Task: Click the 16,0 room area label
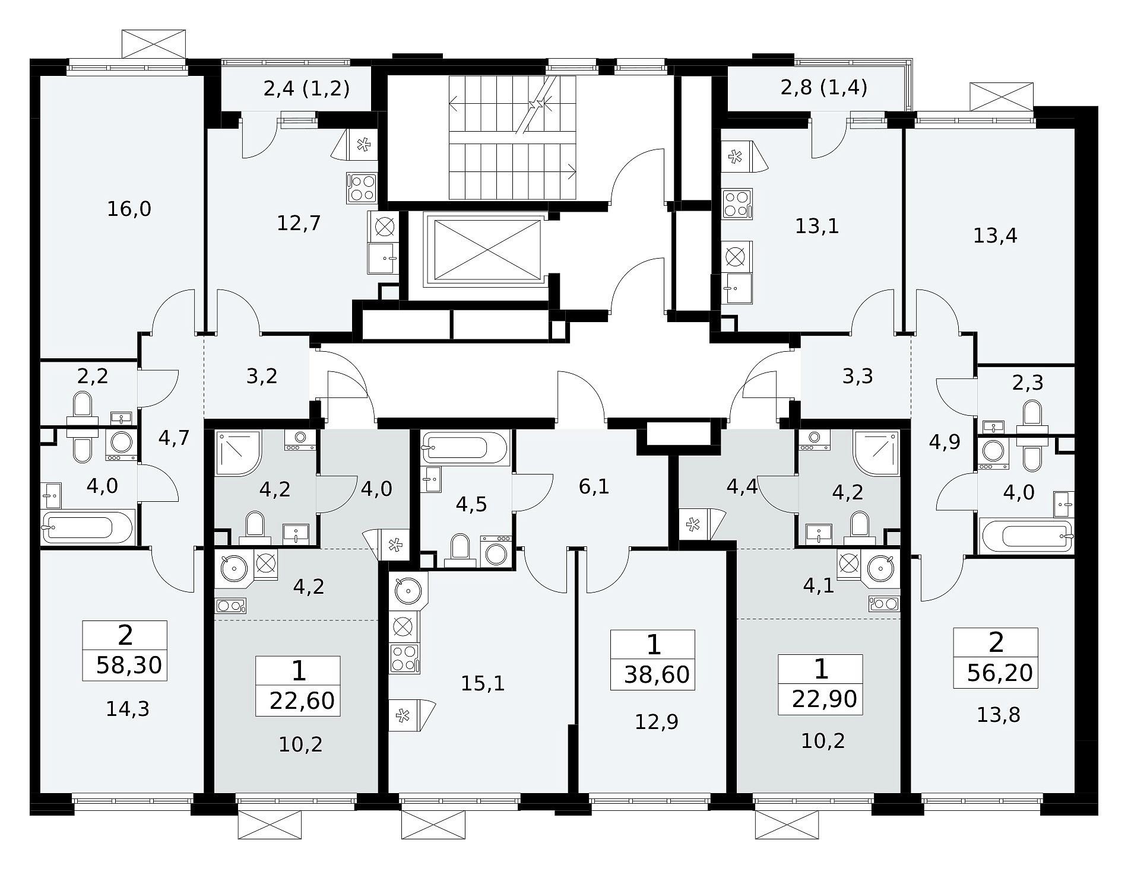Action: click(x=129, y=209)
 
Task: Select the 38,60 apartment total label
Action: click(x=658, y=674)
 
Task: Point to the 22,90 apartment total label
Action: click(x=825, y=699)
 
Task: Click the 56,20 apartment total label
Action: click(x=1000, y=673)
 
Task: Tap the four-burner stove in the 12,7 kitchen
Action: click(x=362, y=188)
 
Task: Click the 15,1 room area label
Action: click(x=483, y=683)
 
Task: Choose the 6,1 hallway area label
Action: click(x=594, y=486)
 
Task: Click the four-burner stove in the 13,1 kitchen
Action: click(x=737, y=204)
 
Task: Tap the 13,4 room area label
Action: click(x=995, y=235)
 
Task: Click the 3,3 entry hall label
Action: click(x=858, y=375)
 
